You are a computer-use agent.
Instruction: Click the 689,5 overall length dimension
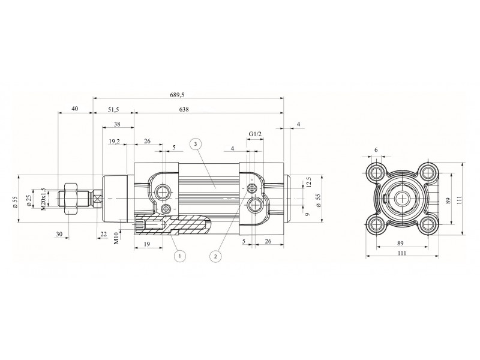click(177, 95)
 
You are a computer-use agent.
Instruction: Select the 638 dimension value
click(184, 109)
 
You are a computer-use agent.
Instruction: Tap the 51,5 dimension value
click(113, 109)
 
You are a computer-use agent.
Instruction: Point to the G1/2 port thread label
click(255, 134)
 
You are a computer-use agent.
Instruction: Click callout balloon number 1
click(180, 256)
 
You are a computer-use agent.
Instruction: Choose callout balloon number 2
click(216, 256)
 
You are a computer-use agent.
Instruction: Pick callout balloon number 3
click(196, 143)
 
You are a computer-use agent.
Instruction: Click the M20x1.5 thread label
click(43, 199)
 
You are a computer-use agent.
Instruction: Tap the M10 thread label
click(116, 238)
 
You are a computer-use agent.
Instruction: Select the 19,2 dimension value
click(114, 142)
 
